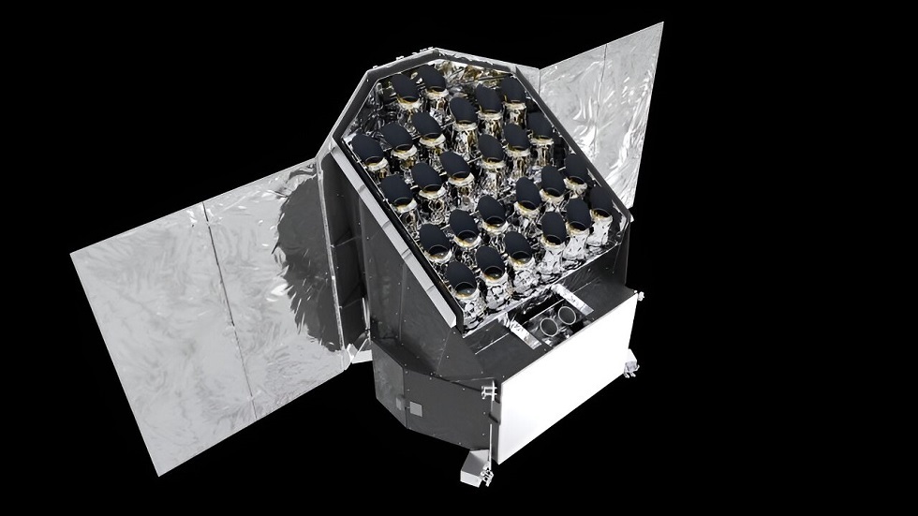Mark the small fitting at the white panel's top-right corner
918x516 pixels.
(x=640, y=296)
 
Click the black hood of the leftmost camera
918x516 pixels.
(x=365, y=148)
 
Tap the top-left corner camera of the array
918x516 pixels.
(x=405, y=87)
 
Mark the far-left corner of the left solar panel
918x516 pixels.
(x=73, y=253)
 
